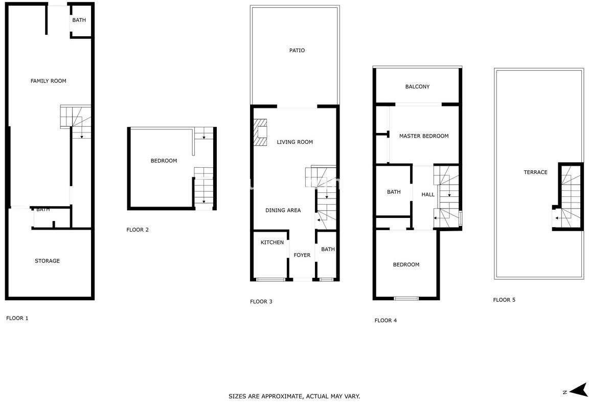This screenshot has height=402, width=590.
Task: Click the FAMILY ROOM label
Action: click(x=48, y=81)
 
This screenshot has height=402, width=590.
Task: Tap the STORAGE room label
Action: click(x=48, y=261)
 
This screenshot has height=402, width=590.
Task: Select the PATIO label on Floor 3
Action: click(x=297, y=51)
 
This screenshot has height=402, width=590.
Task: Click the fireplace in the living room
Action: click(x=260, y=132)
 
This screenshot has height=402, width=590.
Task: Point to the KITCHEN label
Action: click(x=272, y=242)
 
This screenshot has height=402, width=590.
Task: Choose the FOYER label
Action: click(x=302, y=255)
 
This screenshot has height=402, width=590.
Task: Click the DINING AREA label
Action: click(x=283, y=210)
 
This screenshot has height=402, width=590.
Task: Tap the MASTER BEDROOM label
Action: click(x=424, y=136)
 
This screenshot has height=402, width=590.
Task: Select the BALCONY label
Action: click(x=417, y=86)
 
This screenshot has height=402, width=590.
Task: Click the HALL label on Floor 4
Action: click(x=428, y=194)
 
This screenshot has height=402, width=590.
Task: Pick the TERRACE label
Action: click(x=535, y=172)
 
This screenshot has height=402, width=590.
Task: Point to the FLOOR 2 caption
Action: click(x=138, y=230)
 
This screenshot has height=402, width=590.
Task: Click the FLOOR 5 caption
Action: click(x=504, y=300)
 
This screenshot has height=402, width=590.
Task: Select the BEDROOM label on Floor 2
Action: click(x=164, y=161)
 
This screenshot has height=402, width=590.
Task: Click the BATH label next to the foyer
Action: click(x=328, y=249)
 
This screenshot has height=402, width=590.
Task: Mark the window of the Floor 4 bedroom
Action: click(x=406, y=299)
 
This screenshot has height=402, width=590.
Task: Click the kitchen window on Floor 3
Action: click(x=270, y=279)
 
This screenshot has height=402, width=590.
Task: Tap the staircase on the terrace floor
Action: click(x=570, y=197)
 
